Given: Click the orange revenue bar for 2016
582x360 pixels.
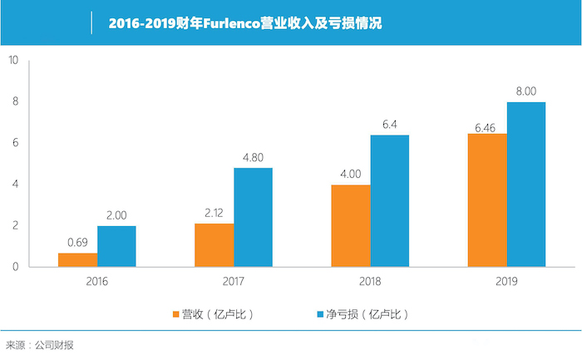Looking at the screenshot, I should (x=77, y=259).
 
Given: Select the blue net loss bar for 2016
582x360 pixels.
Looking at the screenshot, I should (x=116, y=246).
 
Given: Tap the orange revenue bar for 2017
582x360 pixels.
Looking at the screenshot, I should (x=215, y=244).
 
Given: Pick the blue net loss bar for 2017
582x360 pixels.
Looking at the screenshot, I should (x=253, y=217).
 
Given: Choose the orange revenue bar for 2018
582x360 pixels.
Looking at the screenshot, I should (x=351, y=225).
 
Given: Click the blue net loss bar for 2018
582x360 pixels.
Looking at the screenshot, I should (x=390, y=200).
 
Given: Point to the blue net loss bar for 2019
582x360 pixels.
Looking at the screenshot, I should (x=526, y=184).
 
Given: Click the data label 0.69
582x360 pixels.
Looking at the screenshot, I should (x=78, y=242).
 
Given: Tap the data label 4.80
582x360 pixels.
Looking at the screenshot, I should (x=253, y=155).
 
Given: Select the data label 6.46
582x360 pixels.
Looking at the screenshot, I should (x=488, y=121).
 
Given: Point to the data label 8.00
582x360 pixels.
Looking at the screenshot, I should (x=526, y=91).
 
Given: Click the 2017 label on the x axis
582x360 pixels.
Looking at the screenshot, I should (x=234, y=282).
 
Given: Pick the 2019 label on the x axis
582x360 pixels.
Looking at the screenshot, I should (x=507, y=282).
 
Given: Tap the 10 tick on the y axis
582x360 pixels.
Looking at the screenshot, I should (x=13, y=60).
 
